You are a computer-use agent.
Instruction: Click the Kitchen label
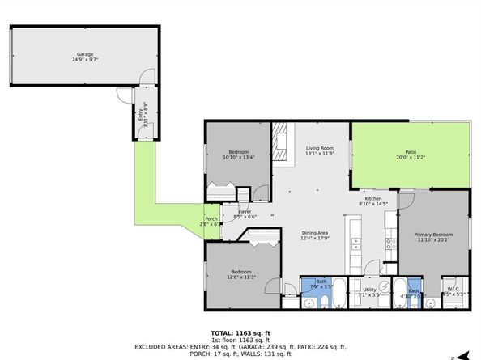(372, 199)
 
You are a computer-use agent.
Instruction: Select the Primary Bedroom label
(434, 234)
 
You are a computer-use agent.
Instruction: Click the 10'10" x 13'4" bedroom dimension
(238, 158)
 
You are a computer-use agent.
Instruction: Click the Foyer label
(245, 212)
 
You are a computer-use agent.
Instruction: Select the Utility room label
(369, 289)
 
